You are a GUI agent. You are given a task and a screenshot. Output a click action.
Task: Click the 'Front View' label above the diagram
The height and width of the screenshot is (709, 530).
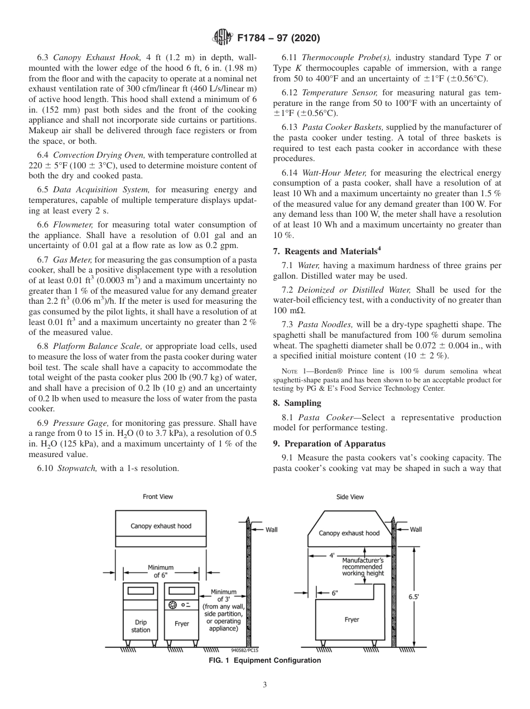(158, 497)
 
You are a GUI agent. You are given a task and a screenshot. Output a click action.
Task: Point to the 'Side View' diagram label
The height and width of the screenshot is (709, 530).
(350, 497)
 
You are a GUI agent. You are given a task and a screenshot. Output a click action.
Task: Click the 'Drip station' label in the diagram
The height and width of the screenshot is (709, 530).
(141, 626)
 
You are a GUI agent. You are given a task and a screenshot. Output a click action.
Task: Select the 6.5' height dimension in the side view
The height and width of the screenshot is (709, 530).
(413, 596)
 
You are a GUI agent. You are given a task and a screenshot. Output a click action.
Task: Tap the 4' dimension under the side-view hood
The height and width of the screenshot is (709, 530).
(332, 555)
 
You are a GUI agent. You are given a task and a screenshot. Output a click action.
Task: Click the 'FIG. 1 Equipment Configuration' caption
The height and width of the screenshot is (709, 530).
(264, 661)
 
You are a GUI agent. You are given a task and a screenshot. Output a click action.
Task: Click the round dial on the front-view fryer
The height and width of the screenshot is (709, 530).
(173, 605)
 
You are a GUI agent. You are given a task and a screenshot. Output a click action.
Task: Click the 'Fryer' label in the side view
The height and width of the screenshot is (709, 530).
(351, 619)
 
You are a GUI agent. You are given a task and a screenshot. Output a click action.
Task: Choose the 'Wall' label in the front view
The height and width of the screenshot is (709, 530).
(271, 530)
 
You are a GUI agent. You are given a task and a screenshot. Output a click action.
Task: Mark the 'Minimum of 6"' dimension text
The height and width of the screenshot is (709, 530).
(160, 571)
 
